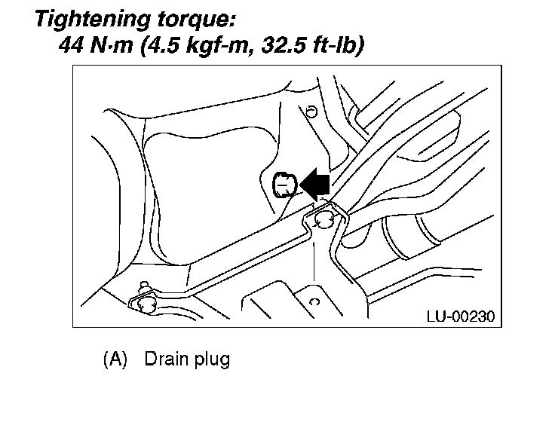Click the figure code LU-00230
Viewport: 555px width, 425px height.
point(459,316)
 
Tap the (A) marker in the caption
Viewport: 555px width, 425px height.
point(115,359)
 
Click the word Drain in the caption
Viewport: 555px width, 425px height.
point(165,359)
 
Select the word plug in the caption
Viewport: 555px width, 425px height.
point(210,359)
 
